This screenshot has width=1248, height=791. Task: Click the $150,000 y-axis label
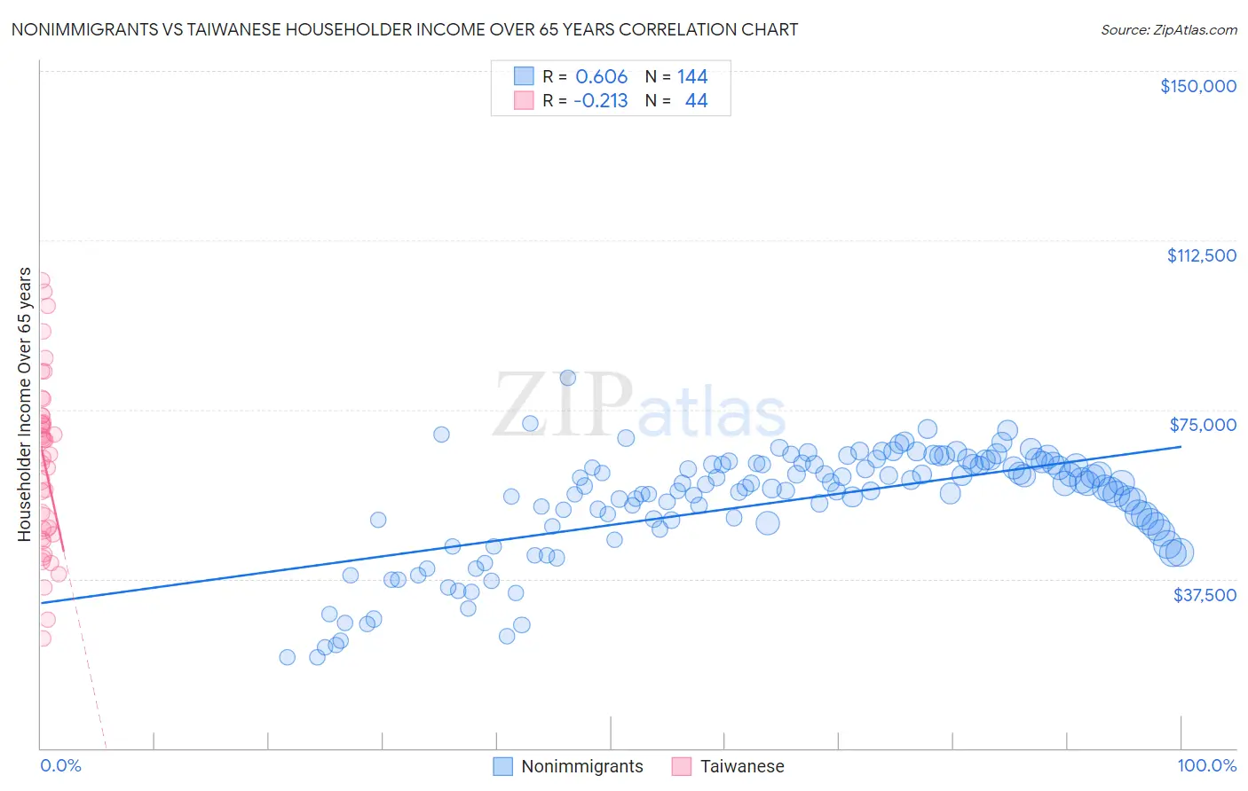pyautogui.click(x=1197, y=86)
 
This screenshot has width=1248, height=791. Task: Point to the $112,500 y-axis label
pyautogui.click(x=1201, y=255)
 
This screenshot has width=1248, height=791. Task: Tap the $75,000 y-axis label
pyautogui.click(x=1203, y=425)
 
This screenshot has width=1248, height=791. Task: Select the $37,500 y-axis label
pyautogui.click(x=1204, y=595)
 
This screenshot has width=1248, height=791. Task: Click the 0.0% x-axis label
pyautogui.click(x=60, y=765)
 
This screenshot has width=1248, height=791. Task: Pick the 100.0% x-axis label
pyautogui.click(x=1206, y=765)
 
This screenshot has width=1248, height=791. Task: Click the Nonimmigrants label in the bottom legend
pyautogui.click(x=581, y=766)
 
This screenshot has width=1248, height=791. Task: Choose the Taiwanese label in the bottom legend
pyautogui.click(x=742, y=766)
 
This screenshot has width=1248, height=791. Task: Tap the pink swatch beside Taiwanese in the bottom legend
pyautogui.click(x=681, y=766)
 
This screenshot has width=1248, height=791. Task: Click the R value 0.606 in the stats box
pyautogui.click(x=601, y=77)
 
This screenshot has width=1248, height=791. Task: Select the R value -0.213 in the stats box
pyautogui.click(x=600, y=101)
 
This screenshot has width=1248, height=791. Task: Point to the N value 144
pyautogui.click(x=692, y=77)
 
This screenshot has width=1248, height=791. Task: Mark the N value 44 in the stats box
pyautogui.click(x=696, y=101)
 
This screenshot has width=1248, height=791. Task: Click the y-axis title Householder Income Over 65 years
pyautogui.click(x=25, y=404)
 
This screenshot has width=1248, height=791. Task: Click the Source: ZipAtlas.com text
pyautogui.click(x=1168, y=29)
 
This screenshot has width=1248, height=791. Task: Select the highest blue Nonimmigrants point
pyautogui.click(x=568, y=378)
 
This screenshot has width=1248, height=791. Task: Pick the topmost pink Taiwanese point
pyautogui.click(x=41, y=279)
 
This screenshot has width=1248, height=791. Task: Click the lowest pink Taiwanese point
pyautogui.click(x=42, y=638)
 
